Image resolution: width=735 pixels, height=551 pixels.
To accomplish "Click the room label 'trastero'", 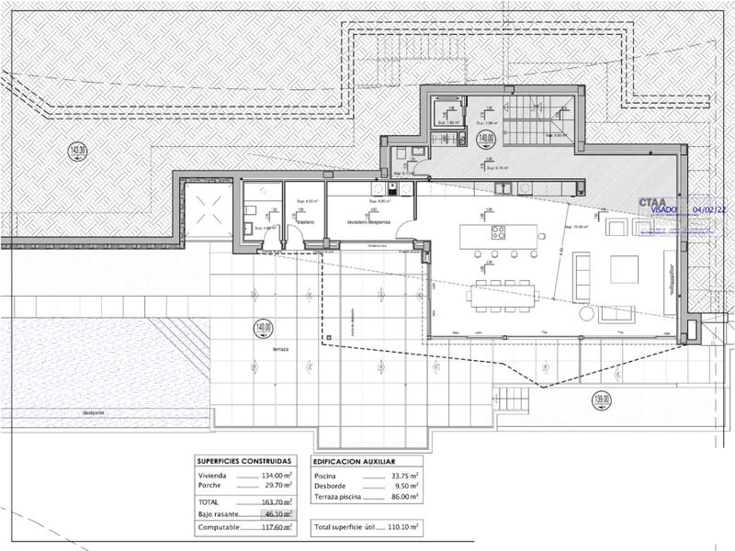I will pos(305,222).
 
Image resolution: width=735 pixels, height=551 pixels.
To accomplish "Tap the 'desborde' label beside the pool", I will pos(94,412).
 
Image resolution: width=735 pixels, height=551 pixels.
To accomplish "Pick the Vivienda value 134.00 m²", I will pos(276,476).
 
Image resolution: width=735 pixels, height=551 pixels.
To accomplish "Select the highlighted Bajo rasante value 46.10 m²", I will pos(276,515).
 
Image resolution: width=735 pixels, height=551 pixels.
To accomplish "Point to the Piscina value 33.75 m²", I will pos(402,476).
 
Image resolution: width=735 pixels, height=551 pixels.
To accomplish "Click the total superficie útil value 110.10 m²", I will pos(402,528).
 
